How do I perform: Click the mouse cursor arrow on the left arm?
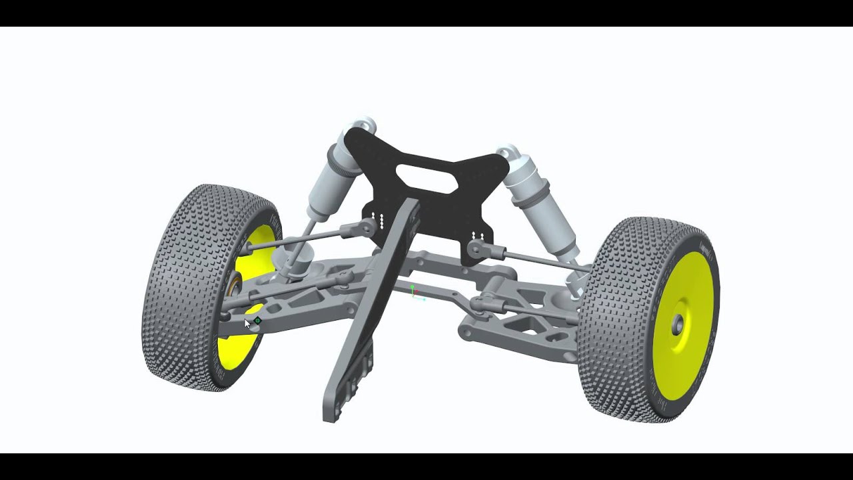tap(247, 323)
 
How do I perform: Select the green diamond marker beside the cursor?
tap(257, 321)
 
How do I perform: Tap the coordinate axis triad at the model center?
tap(415, 293)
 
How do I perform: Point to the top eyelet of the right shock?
tap(508, 151)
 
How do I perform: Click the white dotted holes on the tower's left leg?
tap(377, 219)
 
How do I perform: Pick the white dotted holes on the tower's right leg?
tap(477, 235)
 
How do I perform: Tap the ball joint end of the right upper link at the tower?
tap(476, 249)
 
